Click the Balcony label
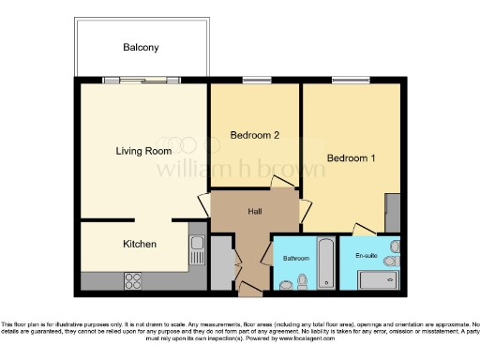[141, 47]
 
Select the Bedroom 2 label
[255, 136]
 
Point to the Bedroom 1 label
[351, 158]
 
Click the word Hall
[254, 212]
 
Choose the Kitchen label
[140, 244]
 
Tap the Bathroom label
[296, 256]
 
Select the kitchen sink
[198, 248]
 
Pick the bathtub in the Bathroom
[324, 264]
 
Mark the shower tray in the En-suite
[380, 280]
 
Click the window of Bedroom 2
[255, 82]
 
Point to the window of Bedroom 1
[350, 82]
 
